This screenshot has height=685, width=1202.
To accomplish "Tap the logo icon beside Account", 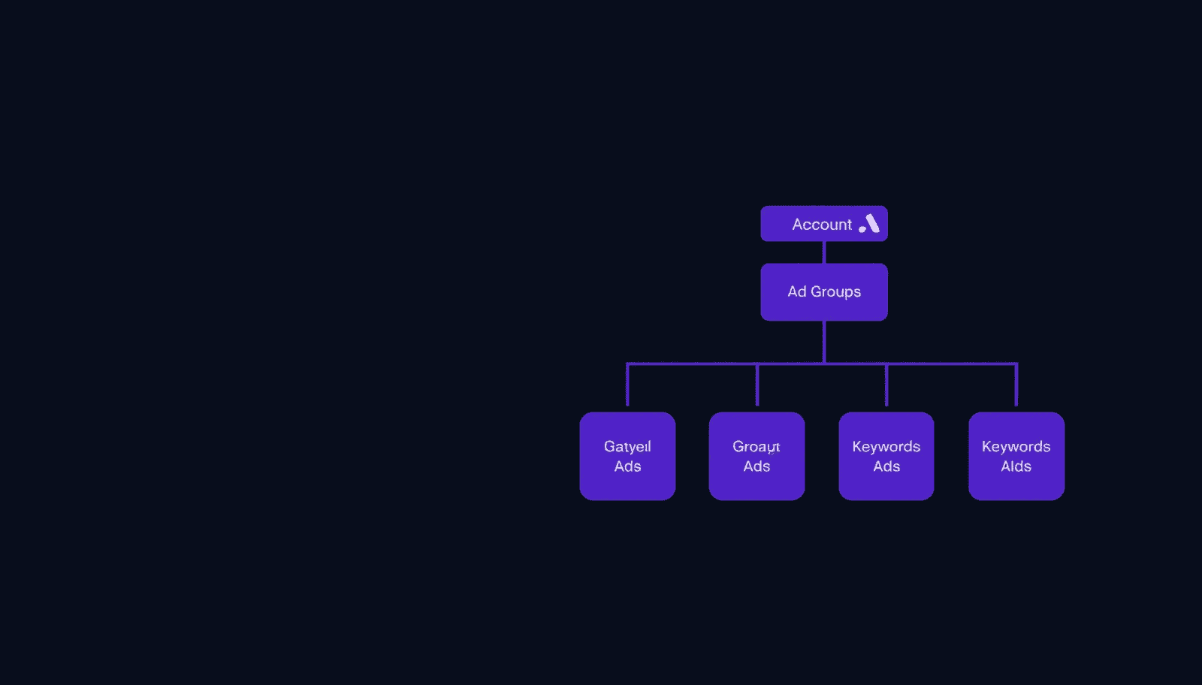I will (x=869, y=224).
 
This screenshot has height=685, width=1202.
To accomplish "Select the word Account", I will (x=821, y=225).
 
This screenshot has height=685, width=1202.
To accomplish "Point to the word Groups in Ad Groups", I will (x=835, y=292).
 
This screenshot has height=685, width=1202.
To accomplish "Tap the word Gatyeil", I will (x=627, y=447).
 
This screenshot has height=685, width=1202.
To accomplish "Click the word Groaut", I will (x=757, y=447).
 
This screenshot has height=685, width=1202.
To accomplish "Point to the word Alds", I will (x=1016, y=466).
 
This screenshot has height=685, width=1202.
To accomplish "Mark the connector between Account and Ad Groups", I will (x=824, y=252).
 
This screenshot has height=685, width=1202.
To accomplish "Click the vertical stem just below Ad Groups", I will (x=824, y=342).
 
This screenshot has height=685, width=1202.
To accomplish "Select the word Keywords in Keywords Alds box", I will (x=1016, y=447).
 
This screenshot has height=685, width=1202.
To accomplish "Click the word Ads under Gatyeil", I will (x=627, y=466).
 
